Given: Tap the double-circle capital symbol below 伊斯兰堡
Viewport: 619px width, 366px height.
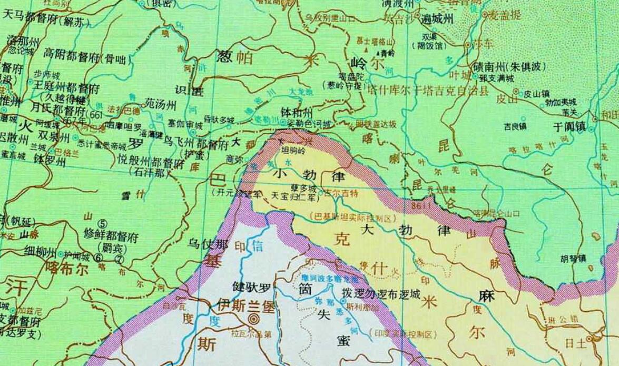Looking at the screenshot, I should click(x=254, y=319).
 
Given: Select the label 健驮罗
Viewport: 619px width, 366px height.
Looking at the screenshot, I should click(x=251, y=288).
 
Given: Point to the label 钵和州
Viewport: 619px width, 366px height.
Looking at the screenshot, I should click(x=297, y=113).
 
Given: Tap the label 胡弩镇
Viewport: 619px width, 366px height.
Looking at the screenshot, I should click(x=574, y=259).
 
